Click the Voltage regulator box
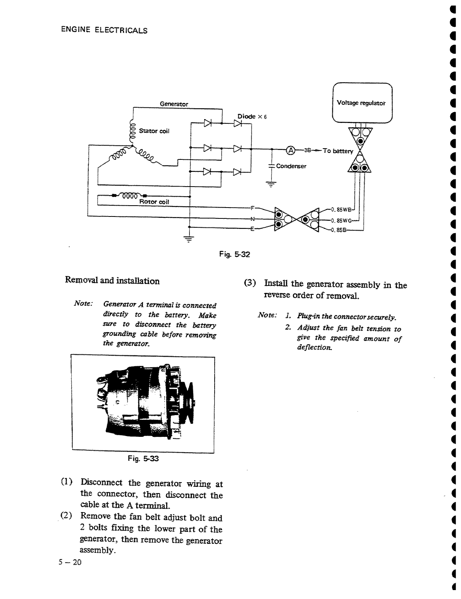pos(363,103)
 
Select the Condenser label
pos(291,166)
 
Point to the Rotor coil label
pos(154,202)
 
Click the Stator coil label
pos(154,131)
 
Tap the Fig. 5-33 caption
pos(143,459)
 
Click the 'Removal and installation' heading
pos(112,281)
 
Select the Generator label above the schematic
pos(174,104)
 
